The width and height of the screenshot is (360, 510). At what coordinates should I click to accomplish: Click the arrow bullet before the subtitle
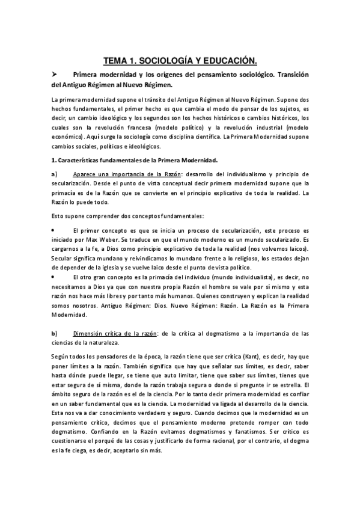point(54,74)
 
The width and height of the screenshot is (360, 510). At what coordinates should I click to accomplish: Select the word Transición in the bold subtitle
point(288,74)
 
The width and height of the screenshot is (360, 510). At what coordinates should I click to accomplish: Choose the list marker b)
point(54,333)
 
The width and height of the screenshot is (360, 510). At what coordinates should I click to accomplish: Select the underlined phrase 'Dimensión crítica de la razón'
point(115,333)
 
